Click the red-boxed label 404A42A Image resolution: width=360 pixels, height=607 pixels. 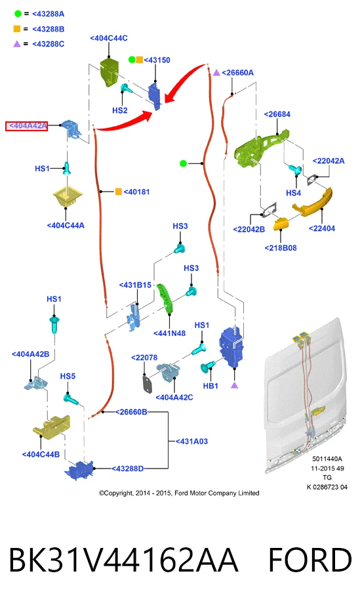point(26,126)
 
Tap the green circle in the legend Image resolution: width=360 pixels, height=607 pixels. point(18,14)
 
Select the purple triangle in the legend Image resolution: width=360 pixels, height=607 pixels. point(17,44)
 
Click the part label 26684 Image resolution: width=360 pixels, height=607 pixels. point(277,114)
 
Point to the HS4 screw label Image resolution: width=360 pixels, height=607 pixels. point(294,193)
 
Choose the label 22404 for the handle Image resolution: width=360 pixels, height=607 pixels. point(322,228)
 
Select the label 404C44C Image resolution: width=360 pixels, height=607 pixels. point(109,38)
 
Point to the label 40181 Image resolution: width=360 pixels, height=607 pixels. point(136,192)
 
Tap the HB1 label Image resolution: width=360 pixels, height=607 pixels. point(210,386)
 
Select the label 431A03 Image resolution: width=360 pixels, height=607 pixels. point(191,442)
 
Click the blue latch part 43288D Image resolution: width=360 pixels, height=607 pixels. point(79,470)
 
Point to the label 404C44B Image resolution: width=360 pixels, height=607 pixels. point(41,455)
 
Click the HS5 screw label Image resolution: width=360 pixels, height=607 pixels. point(68,376)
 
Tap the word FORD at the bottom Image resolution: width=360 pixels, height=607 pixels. point(310,560)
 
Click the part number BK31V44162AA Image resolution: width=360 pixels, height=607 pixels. point(123,560)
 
